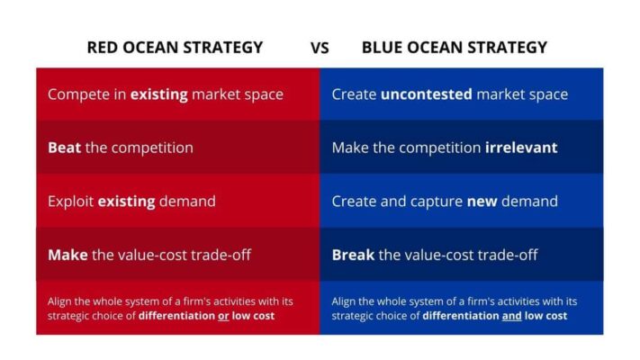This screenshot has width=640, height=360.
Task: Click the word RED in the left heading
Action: pos(103,48)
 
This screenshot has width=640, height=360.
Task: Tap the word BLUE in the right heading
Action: pos(382,48)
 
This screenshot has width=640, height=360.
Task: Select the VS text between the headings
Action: pos(320,49)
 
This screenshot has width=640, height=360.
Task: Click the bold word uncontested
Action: pos(426,94)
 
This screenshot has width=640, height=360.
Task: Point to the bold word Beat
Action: pos(65,148)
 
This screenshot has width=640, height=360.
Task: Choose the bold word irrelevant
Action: pos(521,148)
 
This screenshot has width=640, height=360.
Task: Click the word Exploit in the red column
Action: pos(70,202)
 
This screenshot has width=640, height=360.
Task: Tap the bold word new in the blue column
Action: pos(482,202)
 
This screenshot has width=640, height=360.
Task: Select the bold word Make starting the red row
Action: pos(68,255)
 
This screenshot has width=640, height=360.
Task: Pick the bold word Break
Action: pos(353,255)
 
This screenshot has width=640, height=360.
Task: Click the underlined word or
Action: pos(223,316)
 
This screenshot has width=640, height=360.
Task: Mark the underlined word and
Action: pos(512,316)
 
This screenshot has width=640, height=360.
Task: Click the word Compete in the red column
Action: pos(79,94)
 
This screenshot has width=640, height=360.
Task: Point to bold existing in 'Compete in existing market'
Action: pos(158,94)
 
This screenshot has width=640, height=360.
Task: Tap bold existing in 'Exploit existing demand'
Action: pos(127,202)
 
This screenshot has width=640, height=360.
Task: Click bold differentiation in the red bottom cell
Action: pos(176,316)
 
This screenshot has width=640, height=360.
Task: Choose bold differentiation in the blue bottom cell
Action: pos(461,316)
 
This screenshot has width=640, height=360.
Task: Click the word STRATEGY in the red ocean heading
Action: pos(223,48)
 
